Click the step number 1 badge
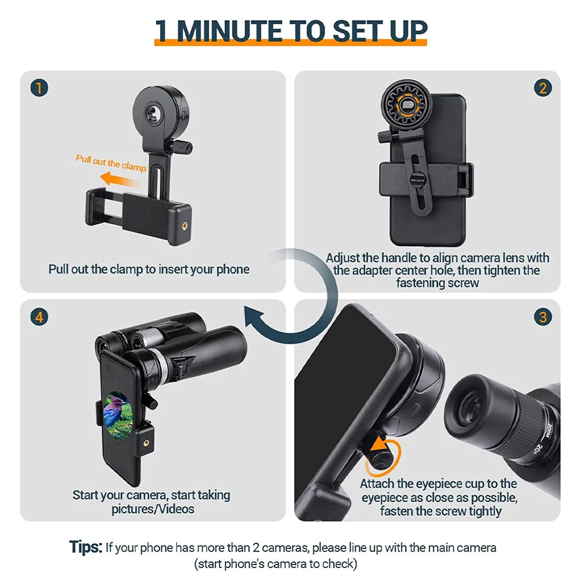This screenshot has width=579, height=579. pos(39,88)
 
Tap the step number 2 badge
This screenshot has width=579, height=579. pos(542,88)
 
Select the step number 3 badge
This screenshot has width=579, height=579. pos(542,317)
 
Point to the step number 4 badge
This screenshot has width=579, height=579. pos(39,317)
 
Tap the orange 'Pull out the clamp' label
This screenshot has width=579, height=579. pos(110,162)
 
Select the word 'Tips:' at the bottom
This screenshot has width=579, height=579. pos(86,547)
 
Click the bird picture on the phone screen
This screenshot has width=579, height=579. pos(120,411)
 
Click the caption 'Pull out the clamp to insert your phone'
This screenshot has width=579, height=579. pos(149,269)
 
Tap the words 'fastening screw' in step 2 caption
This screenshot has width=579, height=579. pos(437,283)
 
